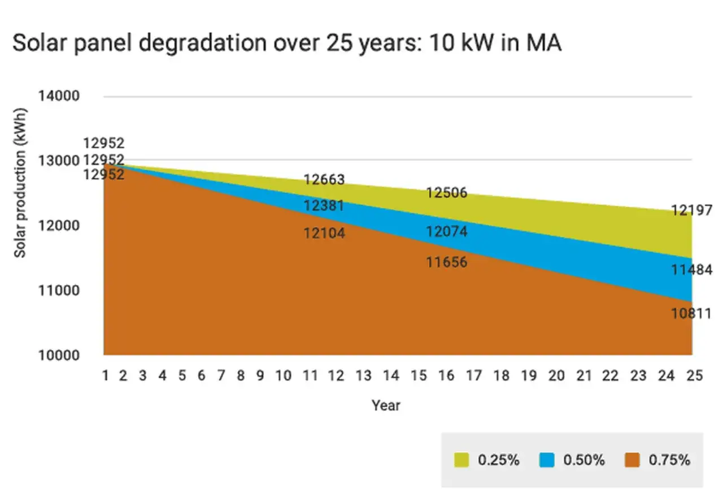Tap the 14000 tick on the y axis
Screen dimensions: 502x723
(59, 96)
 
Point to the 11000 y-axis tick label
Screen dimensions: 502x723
(59, 291)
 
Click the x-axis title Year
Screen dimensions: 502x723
(386, 405)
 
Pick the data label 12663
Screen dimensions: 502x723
(324, 180)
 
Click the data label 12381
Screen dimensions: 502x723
(324, 206)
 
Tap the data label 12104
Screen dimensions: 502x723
(324, 233)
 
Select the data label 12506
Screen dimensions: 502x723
(447, 193)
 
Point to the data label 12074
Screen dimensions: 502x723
(447, 231)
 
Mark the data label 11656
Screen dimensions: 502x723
(447, 262)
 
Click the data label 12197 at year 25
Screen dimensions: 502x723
(691, 211)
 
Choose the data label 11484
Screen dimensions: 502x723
(691, 270)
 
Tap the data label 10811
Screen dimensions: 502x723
(691, 313)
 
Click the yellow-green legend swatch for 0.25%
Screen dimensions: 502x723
(461, 460)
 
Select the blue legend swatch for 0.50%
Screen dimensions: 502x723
(547, 460)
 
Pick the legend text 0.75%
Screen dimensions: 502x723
(669, 460)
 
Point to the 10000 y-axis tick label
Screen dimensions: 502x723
(59, 356)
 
